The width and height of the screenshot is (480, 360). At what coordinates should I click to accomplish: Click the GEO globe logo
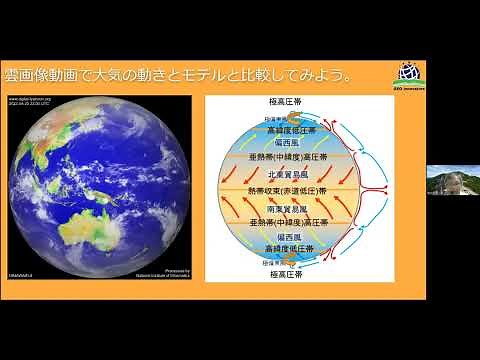point(407,72)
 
